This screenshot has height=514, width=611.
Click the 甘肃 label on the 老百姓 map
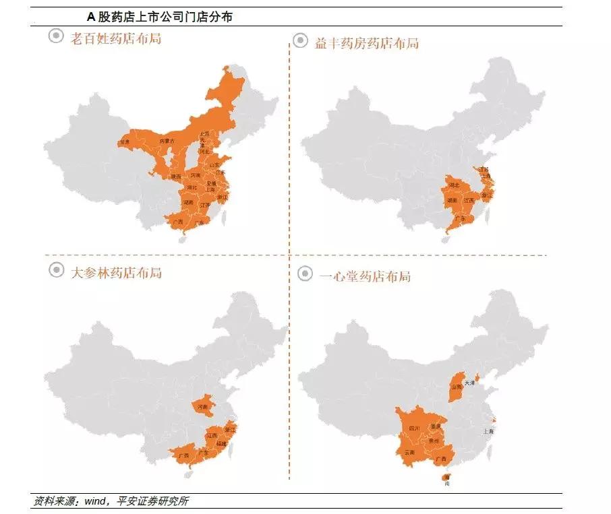(124, 141)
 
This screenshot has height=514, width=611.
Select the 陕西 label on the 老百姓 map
(175, 176)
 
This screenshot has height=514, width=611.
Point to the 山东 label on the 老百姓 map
(214, 164)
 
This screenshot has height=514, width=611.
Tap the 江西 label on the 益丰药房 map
(469, 200)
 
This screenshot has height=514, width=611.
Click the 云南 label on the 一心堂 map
(409, 453)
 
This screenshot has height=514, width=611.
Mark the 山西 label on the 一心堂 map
(457, 387)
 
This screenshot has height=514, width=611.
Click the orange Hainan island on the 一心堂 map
(446, 479)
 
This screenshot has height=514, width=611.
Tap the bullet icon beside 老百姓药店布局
(56, 36)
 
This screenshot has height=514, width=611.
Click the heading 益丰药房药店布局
(366, 43)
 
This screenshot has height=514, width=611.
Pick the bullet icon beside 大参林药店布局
(56, 269)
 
